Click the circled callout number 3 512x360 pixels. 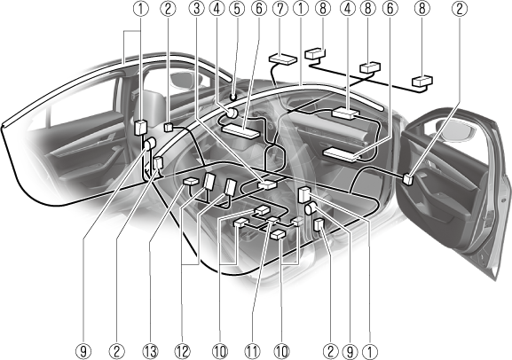[197, 9]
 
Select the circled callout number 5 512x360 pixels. [238, 9]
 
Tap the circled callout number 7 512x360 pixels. [280, 9]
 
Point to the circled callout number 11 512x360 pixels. [252, 351]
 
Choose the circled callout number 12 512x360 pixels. [182, 351]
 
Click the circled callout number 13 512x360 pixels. [150, 351]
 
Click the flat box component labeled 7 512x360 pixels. [283, 59]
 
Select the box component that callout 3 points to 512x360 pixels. [267, 185]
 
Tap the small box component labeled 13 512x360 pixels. [191, 182]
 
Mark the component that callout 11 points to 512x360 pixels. [273, 221]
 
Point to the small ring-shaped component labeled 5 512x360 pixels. [232, 97]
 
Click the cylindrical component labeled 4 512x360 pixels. [232, 113]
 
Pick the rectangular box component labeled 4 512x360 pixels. [344, 113]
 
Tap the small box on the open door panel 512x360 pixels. [408, 179]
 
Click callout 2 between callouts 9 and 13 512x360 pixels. [117, 351]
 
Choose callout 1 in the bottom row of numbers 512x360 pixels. [370, 351]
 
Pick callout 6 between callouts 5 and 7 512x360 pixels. [259, 9]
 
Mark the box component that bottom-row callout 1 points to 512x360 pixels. [304, 194]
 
